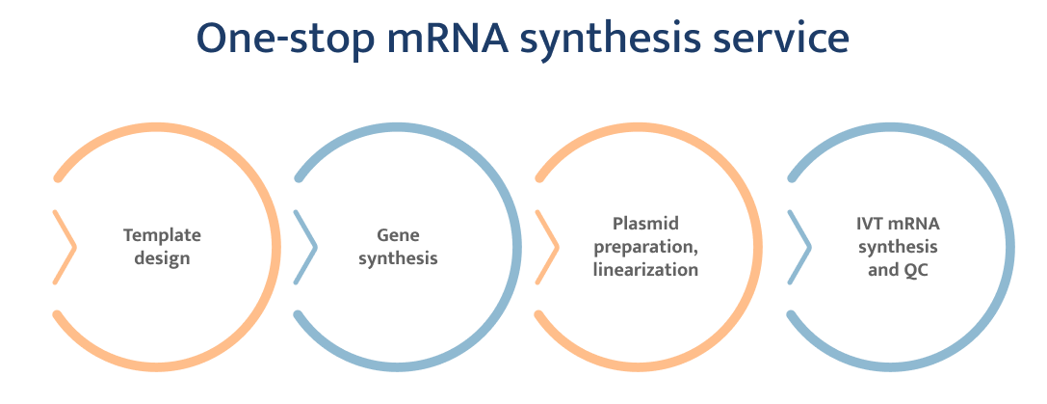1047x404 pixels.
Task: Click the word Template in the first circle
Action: tap(162, 235)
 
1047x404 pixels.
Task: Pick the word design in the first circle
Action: tap(162, 258)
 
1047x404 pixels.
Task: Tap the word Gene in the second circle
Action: tap(398, 235)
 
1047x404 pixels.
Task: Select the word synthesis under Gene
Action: tap(398, 259)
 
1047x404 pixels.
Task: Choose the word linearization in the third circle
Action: tap(644, 270)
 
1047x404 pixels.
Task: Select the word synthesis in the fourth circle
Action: tap(898, 247)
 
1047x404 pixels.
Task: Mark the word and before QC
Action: tap(882, 270)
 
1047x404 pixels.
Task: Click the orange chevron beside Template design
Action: tap(66, 247)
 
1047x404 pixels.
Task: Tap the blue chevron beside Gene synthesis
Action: tap(306, 247)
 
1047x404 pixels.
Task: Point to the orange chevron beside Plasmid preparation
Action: tap(548, 247)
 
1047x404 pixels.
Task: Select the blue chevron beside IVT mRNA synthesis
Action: tap(799, 247)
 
